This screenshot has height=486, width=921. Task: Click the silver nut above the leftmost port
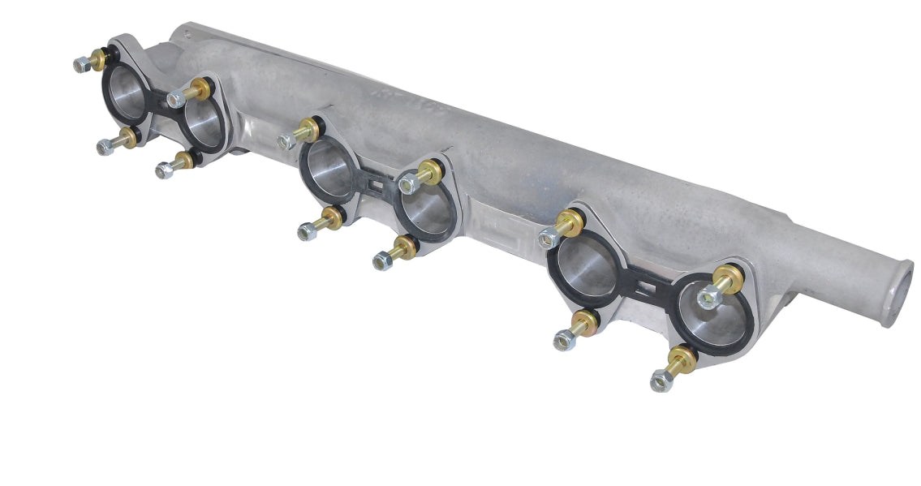(x=80, y=64)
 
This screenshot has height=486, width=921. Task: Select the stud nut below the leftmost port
(x=105, y=147)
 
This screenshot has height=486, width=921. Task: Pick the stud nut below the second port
(x=164, y=170)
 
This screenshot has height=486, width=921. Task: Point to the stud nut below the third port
(x=307, y=232)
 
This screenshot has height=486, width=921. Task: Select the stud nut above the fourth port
(x=410, y=183)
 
